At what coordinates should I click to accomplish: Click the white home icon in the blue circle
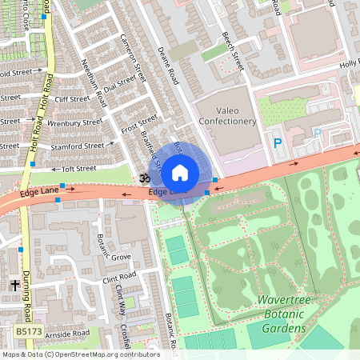[x=180, y=172]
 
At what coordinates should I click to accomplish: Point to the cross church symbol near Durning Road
[x=14, y=285]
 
